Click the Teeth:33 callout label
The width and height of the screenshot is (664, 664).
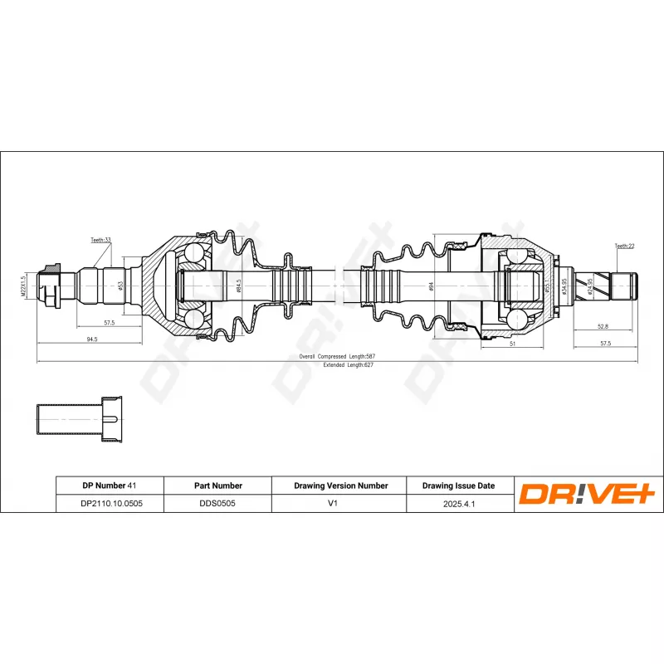pos(101,240)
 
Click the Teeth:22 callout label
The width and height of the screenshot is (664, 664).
pos(624,246)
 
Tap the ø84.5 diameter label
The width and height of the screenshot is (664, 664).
pos(239,286)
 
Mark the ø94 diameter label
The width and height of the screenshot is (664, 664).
pos(432,286)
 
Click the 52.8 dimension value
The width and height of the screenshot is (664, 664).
pos(603,326)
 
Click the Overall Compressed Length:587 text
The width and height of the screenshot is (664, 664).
pos(332,355)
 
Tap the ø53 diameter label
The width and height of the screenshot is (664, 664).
pos(122,286)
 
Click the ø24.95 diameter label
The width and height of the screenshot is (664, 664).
pos(590,286)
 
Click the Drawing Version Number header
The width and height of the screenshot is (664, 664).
pos(341,486)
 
